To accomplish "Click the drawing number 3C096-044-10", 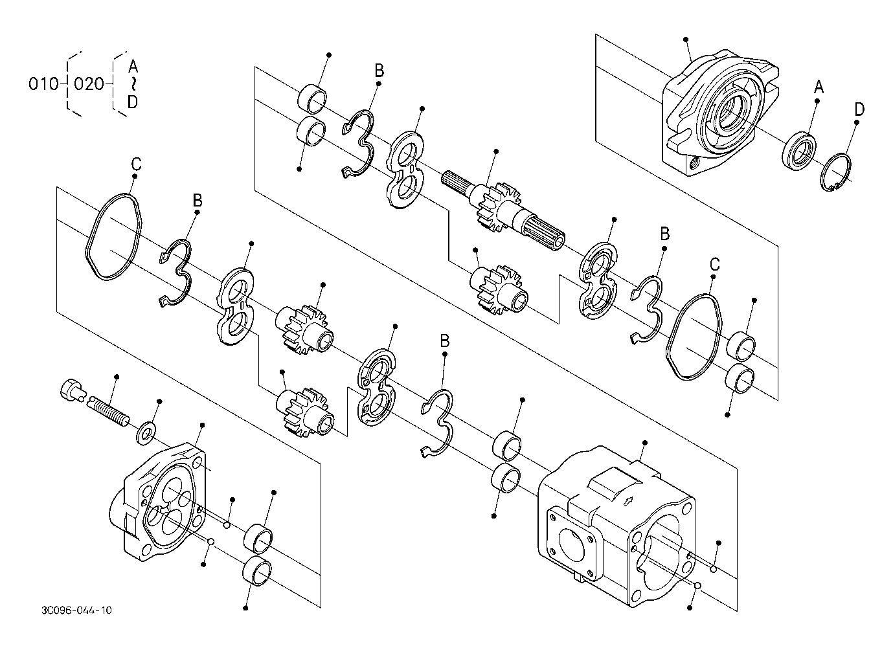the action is [76, 610].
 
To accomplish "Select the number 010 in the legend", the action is [43, 84].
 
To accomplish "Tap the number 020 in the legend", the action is [89, 84].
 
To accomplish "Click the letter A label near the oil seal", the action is [819, 86].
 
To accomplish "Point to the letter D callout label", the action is [859, 109].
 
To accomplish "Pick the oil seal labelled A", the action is [798, 150].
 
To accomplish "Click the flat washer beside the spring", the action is [146, 432].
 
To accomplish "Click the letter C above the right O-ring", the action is [715, 264].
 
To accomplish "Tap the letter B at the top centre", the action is [379, 71].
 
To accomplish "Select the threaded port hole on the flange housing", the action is [695, 162].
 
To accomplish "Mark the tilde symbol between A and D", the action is [133, 85].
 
